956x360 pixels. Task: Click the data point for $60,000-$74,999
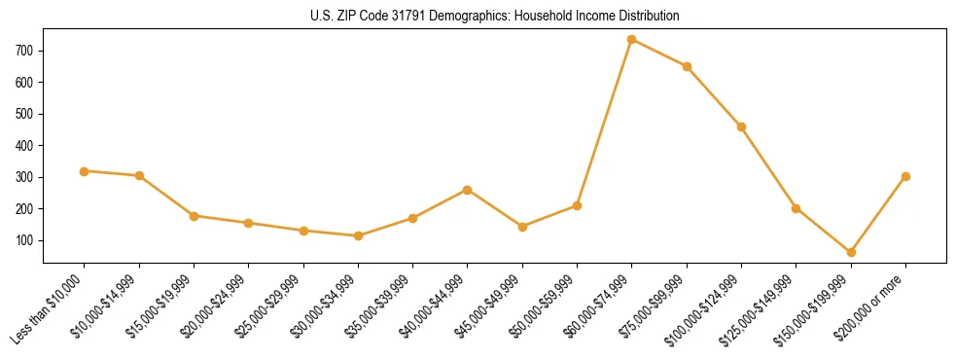[632, 40]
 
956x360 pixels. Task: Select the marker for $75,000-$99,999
[687, 67]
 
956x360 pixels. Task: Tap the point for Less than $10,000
[85, 171]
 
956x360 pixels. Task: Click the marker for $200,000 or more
[905, 177]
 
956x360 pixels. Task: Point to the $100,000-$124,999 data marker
[741, 126]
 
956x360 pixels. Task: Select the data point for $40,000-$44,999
[468, 190]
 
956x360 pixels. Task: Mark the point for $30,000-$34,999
[358, 235]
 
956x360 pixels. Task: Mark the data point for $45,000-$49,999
[522, 227]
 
